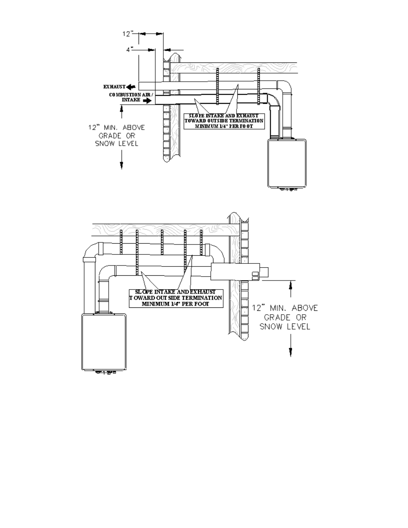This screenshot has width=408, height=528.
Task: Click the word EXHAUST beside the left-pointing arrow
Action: [x=114, y=87]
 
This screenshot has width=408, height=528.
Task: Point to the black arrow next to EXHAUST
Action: [x=131, y=87]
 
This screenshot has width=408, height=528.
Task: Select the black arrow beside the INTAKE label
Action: [x=148, y=101]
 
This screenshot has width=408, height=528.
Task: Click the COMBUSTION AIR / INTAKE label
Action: [x=131, y=97]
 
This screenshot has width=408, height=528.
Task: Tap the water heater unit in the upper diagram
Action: [x=287, y=163]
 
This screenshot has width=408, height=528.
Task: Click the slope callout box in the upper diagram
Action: [x=224, y=121]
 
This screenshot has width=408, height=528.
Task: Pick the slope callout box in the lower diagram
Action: [x=176, y=298]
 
